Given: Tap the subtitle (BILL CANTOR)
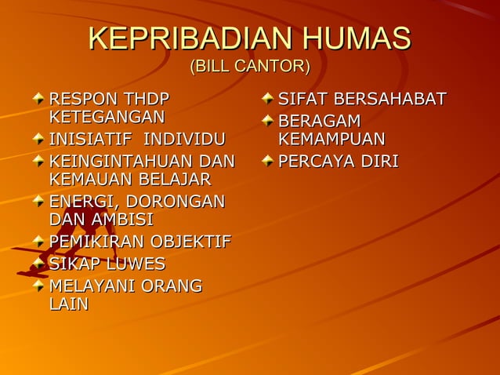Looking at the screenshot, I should coord(250,67).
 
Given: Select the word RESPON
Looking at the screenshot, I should coord(83,100).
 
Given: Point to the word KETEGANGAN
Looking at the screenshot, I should coord(107,118).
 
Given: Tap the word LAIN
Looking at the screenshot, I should coord(68,304).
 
